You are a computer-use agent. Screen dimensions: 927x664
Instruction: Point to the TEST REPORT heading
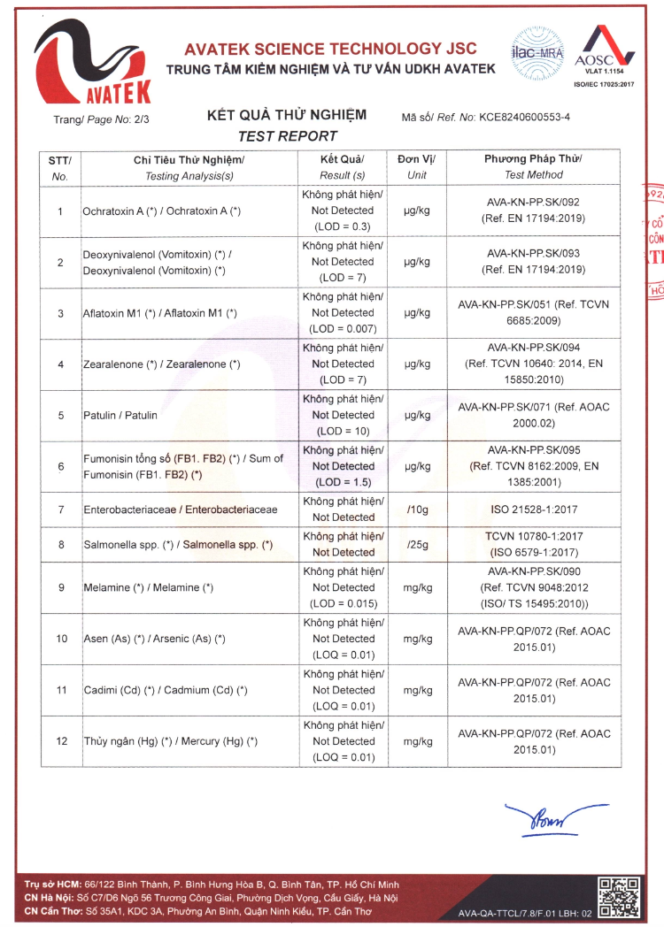[288, 136]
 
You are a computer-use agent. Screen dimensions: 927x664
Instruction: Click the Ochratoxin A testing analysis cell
[161, 211]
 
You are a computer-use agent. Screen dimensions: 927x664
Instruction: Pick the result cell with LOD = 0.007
[343, 313]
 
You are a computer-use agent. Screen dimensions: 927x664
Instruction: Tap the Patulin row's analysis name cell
[120, 415]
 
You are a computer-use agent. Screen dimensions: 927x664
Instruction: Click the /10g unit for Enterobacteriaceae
[416, 510]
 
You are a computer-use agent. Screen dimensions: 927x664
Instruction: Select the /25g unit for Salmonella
[416, 545]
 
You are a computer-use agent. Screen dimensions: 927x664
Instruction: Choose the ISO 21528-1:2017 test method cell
[533, 510]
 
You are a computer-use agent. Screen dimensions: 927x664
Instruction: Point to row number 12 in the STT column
[60, 741]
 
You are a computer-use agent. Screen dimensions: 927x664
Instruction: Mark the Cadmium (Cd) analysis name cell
[165, 690]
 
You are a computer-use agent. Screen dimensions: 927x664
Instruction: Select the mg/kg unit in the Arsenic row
[417, 639]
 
